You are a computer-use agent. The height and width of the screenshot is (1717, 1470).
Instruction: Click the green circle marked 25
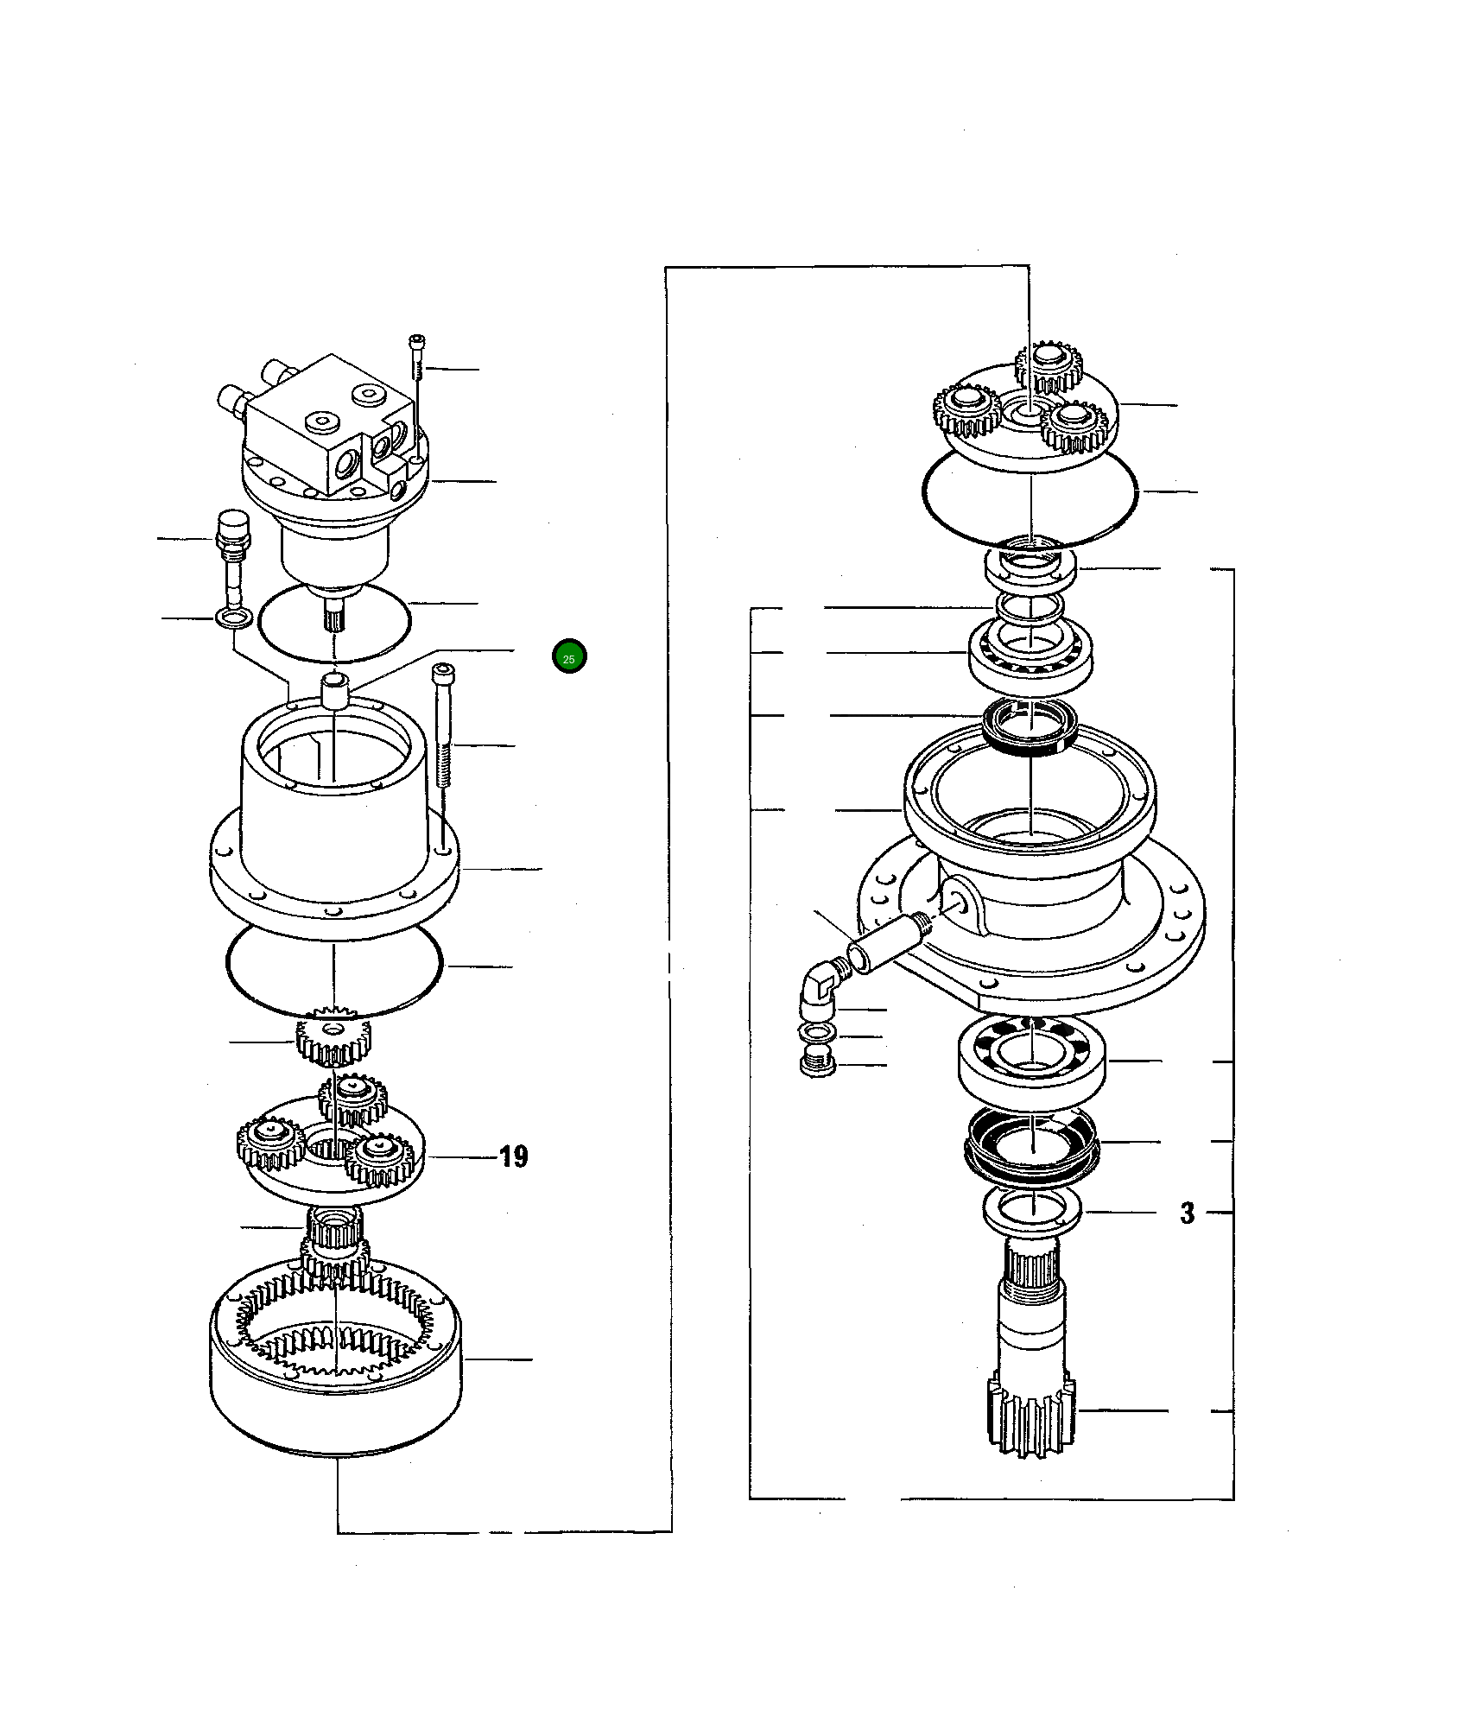pos(569,657)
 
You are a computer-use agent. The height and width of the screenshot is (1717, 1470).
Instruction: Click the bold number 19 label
pos(514,1156)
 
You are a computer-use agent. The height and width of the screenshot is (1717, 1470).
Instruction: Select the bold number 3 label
pos(1188,1213)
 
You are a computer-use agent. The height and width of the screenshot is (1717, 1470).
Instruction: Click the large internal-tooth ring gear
pos(337,1373)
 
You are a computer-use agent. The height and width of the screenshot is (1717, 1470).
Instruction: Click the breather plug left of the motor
pos(231,553)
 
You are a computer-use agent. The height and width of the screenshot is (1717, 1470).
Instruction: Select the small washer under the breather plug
pos(232,618)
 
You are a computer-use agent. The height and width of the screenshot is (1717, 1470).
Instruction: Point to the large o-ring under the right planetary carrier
pos(1030,499)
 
